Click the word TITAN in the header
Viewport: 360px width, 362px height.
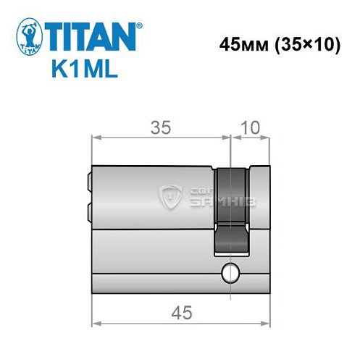(92, 35)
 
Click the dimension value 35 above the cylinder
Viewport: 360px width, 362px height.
(160, 128)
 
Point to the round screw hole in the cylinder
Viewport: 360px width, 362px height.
(230, 273)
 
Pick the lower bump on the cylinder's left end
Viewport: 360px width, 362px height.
(88, 211)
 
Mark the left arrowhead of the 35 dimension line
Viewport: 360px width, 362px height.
(96, 138)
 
